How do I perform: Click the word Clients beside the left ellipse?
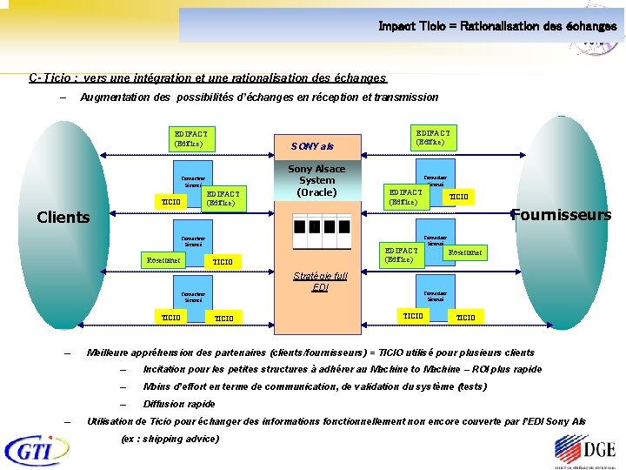coord(63,217)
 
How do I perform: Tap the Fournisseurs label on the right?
coord(561,214)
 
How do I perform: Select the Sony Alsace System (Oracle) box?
coord(316,180)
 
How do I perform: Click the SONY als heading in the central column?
coord(312,146)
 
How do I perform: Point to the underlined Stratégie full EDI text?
coord(319,281)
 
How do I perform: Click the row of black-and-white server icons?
coord(316,232)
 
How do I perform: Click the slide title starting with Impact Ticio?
coord(497,26)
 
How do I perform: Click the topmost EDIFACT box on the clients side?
coord(192,138)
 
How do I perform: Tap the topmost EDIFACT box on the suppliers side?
coord(433,137)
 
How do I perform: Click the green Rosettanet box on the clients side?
coord(163,258)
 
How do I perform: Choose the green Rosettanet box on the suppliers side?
coord(465,252)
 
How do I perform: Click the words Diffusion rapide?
coord(178,404)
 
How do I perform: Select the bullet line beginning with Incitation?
coord(342,369)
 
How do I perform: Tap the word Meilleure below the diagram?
coord(111,352)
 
